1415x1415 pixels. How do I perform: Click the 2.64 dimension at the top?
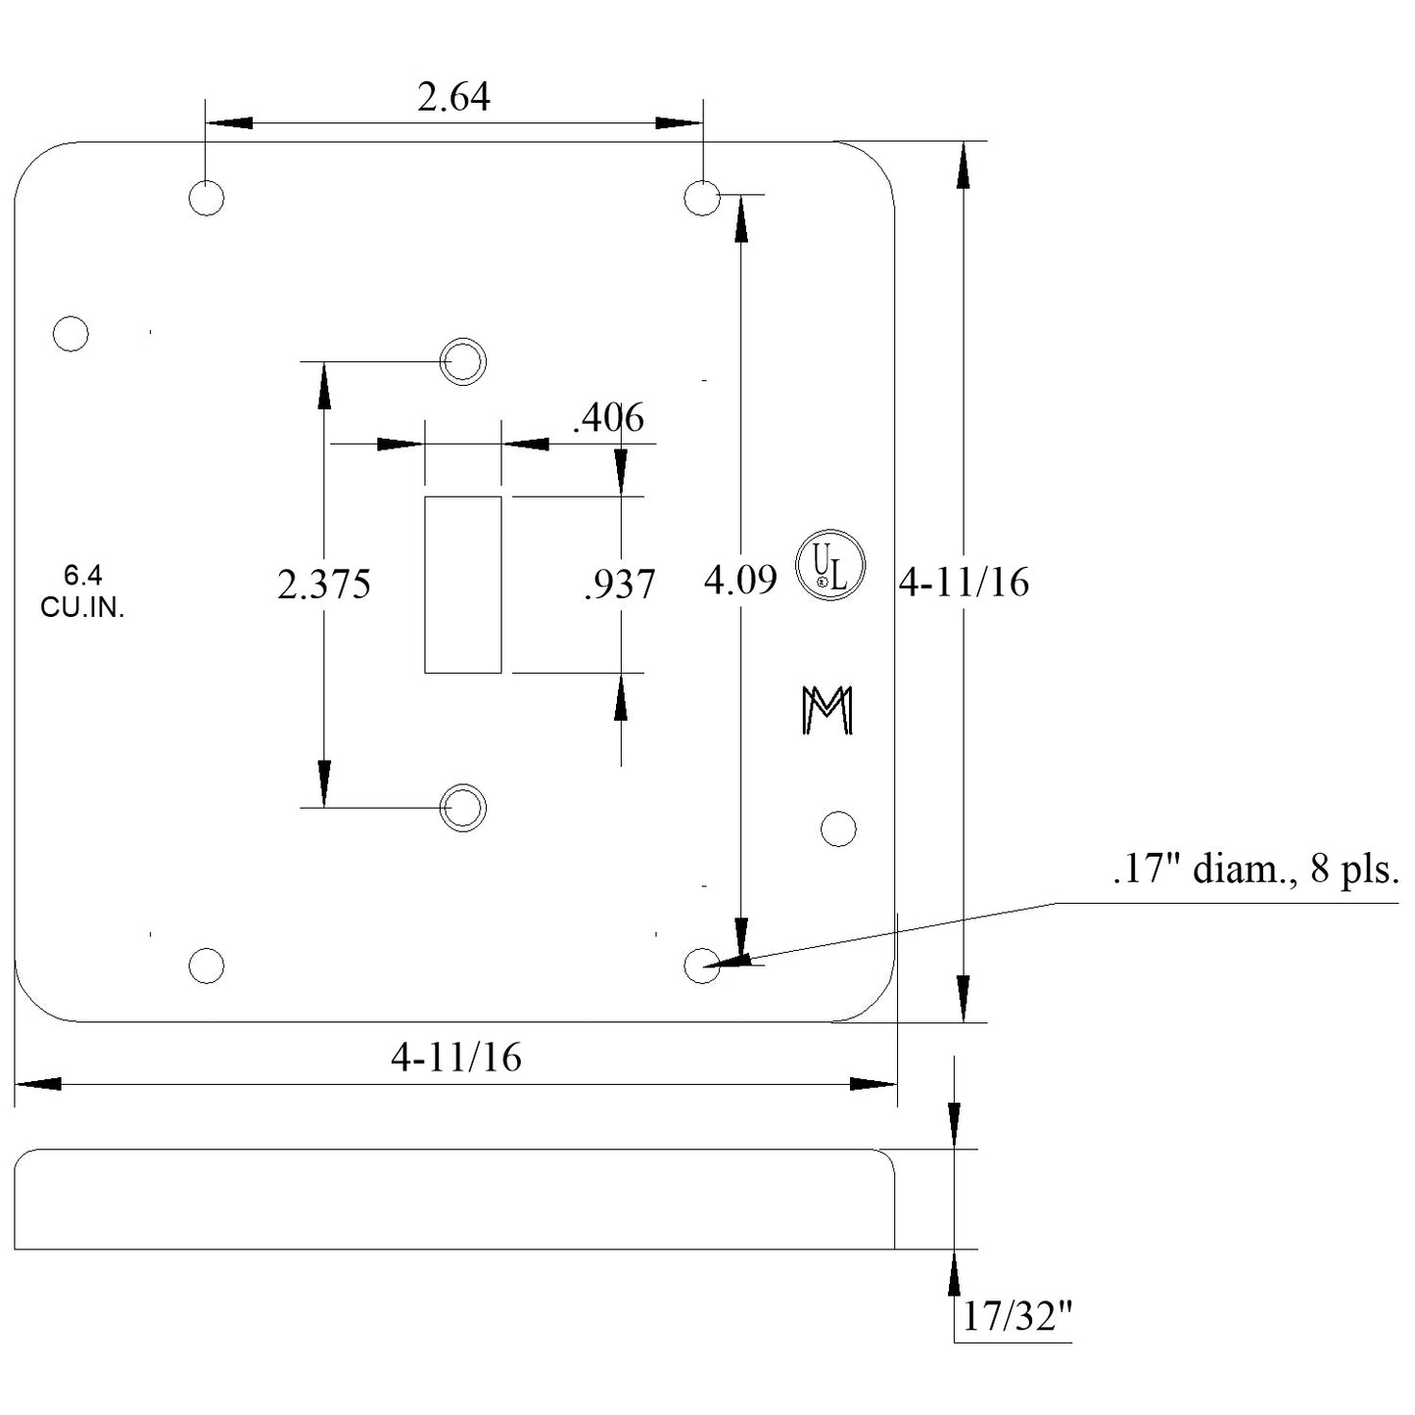[x=453, y=98]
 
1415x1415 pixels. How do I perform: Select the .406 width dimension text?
[x=608, y=418]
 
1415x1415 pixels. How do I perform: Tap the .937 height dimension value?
[x=619, y=585]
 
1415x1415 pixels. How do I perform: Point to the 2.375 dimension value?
[x=323, y=585]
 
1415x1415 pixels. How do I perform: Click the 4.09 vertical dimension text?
[x=740, y=581]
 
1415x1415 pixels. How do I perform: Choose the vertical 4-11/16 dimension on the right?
[x=964, y=583]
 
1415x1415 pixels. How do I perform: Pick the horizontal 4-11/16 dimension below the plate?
[x=455, y=1058]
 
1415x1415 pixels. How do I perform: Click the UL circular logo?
[x=829, y=566]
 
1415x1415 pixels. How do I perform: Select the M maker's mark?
[x=827, y=710]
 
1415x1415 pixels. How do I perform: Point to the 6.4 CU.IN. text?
[x=82, y=591]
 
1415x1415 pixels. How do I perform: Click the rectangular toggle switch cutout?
[x=462, y=585]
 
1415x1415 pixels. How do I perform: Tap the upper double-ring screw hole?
[x=462, y=361]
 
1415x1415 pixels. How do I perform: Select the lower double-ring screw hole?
[x=462, y=808]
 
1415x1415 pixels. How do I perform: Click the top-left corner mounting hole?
[x=206, y=198]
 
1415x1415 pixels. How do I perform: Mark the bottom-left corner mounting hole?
[x=206, y=966]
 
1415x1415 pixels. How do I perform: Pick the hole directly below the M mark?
[x=837, y=828]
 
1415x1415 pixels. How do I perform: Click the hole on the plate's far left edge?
[x=71, y=333]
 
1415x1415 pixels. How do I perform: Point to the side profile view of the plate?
[x=454, y=1200]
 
